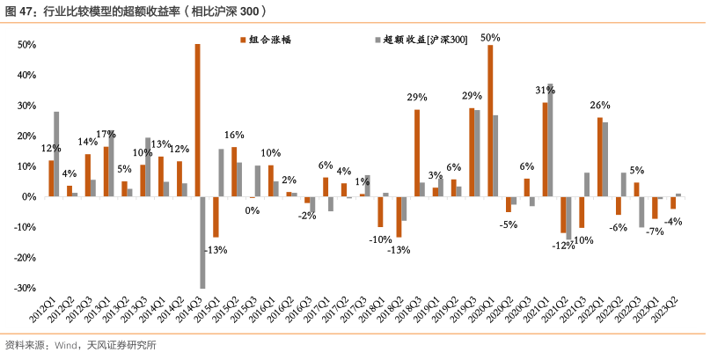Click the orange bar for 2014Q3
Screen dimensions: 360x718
point(197,121)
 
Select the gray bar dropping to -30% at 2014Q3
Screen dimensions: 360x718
point(203,242)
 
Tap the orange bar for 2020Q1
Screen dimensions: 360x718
point(490,121)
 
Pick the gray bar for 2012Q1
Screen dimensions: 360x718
point(56,154)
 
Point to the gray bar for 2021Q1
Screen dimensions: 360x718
point(551,140)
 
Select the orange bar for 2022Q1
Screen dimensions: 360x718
point(599,157)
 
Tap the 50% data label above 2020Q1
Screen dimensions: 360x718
point(490,38)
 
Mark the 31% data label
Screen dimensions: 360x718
point(545,91)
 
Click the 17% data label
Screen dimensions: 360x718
point(106,134)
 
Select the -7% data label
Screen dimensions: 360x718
point(654,231)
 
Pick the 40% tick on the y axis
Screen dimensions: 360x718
point(24,75)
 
